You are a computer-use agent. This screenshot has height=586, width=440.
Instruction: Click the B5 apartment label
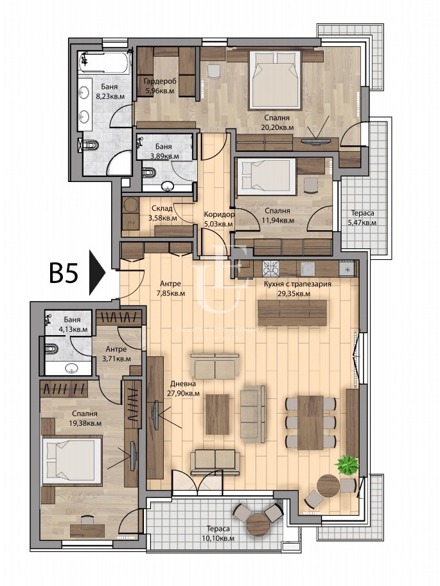(x=64, y=273)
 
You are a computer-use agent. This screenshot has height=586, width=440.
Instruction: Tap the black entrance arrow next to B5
(x=98, y=273)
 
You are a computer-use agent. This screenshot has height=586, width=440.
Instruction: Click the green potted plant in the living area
(x=347, y=464)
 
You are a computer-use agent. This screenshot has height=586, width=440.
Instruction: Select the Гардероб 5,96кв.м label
(x=161, y=86)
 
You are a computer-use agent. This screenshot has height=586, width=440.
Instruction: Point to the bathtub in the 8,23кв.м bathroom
(x=105, y=62)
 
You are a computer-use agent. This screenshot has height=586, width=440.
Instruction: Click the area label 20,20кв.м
(x=277, y=127)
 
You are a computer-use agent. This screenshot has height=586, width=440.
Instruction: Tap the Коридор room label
(x=219, y=214)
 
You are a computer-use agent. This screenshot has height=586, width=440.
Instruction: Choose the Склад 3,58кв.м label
(x=163, y=213)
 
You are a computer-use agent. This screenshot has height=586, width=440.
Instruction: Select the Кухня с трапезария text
(x=297, y=284)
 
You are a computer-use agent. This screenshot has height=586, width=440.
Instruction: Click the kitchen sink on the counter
(x=308, y=269)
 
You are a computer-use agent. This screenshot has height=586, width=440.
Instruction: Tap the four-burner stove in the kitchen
(x=271, y=268)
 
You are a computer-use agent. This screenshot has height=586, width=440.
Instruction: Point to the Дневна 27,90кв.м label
(x=183, y=389)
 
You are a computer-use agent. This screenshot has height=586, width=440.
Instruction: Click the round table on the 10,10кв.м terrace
(x=258, y=525)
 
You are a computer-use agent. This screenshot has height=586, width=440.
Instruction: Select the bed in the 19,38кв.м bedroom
(x=72, y=461)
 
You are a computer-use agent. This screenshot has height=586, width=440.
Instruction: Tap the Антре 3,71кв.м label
(x=116, y=354)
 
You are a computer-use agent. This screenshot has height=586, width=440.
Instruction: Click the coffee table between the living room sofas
(x=218, y=414)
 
